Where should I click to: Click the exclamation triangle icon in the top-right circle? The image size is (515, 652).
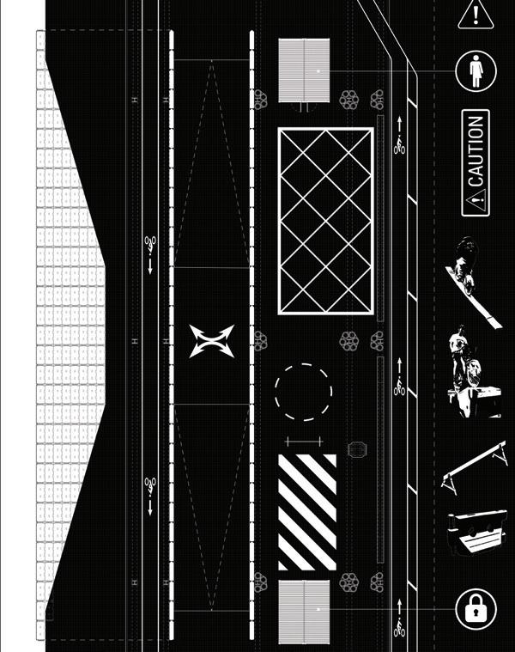[473, 14]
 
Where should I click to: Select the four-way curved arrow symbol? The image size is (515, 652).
[211, 340]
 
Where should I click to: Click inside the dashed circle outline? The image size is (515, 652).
[303, 392]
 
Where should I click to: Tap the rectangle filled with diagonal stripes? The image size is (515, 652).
[307, 512]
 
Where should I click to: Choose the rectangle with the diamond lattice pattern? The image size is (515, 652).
[325, 222]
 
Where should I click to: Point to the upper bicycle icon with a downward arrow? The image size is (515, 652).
[150, 247]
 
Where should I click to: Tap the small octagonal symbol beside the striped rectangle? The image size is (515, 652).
[356, 449]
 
